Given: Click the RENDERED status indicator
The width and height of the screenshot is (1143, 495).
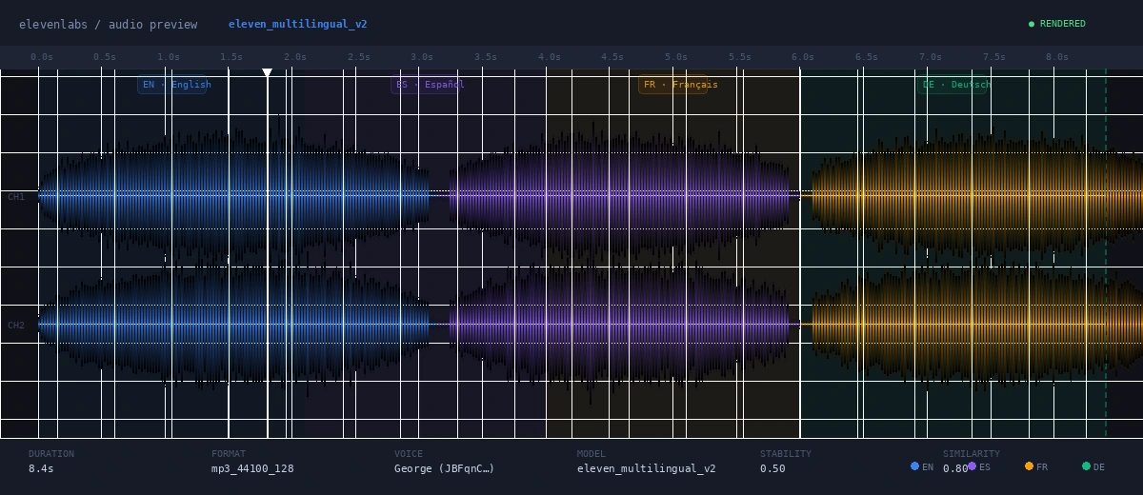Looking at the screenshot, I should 1056,24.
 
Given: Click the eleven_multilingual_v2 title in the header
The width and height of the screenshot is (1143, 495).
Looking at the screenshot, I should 297,25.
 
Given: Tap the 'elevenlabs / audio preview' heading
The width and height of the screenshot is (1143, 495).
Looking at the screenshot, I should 108,25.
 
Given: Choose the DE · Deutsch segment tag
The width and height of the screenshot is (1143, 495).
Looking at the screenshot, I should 955,85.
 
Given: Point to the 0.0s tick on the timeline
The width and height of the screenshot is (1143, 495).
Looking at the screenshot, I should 41,57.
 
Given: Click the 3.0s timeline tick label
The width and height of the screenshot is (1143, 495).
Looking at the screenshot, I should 422,57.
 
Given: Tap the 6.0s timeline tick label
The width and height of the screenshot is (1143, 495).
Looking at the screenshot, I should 803,57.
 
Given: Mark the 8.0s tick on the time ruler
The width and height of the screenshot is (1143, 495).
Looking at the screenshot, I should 1056,57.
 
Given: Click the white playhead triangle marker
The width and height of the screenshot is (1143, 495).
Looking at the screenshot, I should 267,73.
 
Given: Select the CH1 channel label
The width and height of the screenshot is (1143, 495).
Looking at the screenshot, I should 16,197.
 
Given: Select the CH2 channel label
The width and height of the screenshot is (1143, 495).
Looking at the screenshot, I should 16,326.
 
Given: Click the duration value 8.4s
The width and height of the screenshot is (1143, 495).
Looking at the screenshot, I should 41,468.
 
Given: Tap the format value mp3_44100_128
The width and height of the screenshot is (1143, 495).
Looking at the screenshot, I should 252,468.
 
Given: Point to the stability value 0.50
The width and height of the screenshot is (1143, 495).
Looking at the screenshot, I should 772,468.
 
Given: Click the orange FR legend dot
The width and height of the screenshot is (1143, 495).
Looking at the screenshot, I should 1029,466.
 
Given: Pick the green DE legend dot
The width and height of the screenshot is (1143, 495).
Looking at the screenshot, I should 1086,466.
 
